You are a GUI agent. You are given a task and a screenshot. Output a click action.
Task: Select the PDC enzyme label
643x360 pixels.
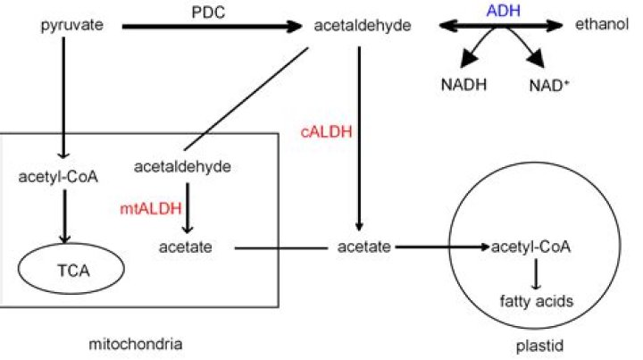pyautogui.click(x=207, y=11)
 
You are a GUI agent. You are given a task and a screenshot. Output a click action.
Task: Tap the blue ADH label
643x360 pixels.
pyautogui.click(x=502, y=10)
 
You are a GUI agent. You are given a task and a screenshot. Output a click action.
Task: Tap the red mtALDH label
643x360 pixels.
pyautogui.click(x=149, y=208)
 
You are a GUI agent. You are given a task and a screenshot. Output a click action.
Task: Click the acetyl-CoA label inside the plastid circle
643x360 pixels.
pyautogui.click(x=530, y=245)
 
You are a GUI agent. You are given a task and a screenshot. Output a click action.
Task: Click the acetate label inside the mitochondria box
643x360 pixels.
pyautogui.click(x=186, y=245)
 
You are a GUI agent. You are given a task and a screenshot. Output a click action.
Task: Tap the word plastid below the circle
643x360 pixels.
pyautogui.click(x=532, y=342)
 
